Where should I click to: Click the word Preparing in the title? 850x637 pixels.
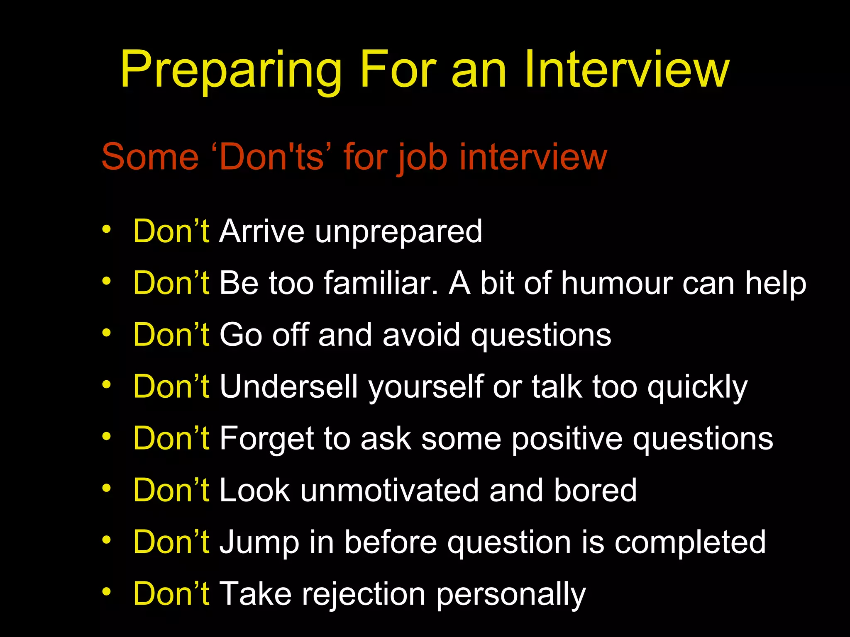click(x=231, y=71)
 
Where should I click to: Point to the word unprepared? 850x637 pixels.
click(x=398, y=232)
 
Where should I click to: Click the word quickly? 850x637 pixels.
click(x=697, y=388)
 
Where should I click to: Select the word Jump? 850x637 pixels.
click(x=259, y=543)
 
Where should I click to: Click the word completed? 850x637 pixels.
click(x=690, y=543)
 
